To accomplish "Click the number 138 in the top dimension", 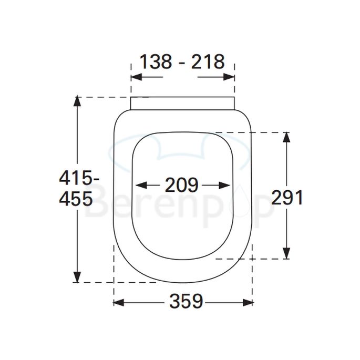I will (156, 62).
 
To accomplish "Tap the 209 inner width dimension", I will (182, 185).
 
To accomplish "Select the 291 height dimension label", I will (287, 198).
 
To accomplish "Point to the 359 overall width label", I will (186, 302).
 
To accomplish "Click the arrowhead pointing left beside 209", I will (139, 185).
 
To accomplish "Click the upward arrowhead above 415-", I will (78, 101).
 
